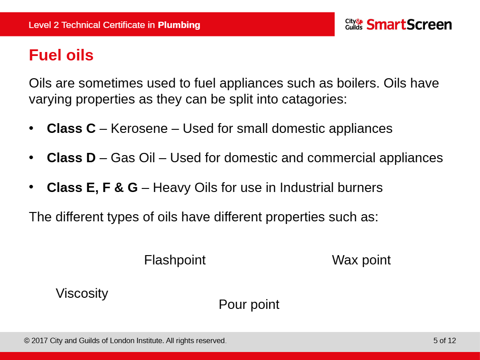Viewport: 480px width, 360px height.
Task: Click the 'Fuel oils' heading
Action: [61, 55]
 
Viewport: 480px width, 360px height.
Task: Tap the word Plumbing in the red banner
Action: [179, 25]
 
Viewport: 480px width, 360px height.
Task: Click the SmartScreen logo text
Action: [409, 24]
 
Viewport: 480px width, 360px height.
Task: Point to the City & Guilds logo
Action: [354, 24]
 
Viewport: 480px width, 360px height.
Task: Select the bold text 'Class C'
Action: [71, 128]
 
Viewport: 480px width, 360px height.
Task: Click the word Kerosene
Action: [139, 128]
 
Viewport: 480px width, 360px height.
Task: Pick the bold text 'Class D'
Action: [71, 158]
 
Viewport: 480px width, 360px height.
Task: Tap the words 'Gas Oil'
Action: [133, 158]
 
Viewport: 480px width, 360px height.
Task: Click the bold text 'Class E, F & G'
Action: [92, 188]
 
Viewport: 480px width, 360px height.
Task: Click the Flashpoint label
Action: [175, 260]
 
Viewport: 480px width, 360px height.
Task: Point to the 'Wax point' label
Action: [361, 260]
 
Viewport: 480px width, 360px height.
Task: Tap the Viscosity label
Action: [82, 294]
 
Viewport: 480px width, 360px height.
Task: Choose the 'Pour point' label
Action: [249, 304]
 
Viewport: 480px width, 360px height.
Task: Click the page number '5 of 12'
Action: [444, 341]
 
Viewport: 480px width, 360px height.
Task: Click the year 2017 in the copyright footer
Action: [40, 341]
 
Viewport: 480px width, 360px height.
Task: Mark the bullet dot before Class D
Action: [31, 158]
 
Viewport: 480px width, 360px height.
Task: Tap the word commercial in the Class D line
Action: [341, 158]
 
